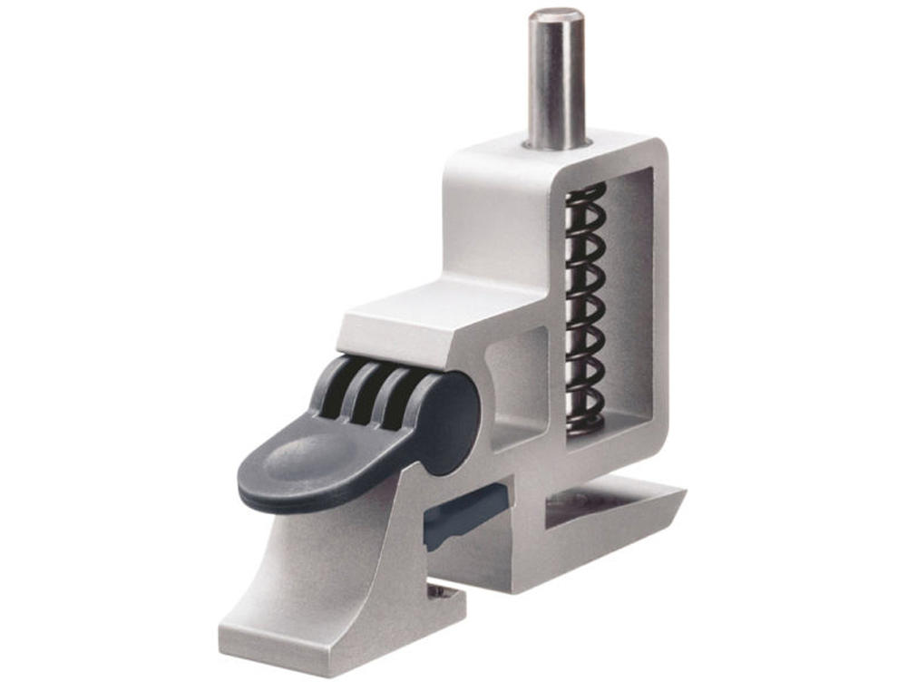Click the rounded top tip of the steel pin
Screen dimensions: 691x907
(x=556, y=15)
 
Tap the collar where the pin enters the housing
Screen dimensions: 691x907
(x=556, y=142)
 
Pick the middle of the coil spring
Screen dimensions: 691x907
(x=585, y=304)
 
